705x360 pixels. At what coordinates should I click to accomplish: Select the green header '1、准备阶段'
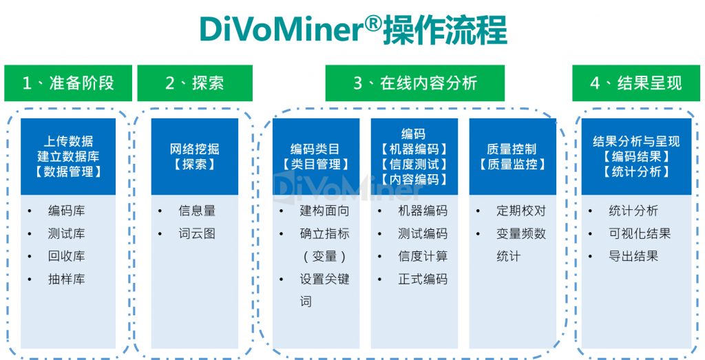pyautogui.click(x=67, y=83)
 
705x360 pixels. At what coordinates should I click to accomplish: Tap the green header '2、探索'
pyautogui.click(x=195, y=83)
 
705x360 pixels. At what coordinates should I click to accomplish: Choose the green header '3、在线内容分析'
pyautogui.click(x=414, y=83)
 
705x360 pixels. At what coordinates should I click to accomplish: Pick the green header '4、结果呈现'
pyautogui.click(x=635, y=83)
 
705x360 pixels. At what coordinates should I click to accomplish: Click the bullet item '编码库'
pyautogui.click(x=66, y=211)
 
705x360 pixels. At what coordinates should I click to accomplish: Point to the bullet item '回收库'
pyautogui.click(x=66, y=256)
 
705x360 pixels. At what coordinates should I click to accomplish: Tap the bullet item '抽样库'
pyautogui.click(x=66, y=279)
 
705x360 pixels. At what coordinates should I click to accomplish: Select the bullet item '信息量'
pyautogui.click(x=197, y=211)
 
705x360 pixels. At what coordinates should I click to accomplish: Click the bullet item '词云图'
pyautogui.click(x=197, y=234)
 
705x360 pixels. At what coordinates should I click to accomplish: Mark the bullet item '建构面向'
pyautogui.click(x=324, y=211)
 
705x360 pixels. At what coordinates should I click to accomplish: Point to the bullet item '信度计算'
pyautogui.click(x=423, y=256)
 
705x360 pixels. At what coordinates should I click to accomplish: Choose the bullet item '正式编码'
pyautogui.click(x=423, y=279)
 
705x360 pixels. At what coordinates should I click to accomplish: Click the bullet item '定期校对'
pyautogui.click(x=521, y=211)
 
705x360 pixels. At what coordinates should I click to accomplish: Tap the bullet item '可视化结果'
pyautogui.click(x=640, y=234)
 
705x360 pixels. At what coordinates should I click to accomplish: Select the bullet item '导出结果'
pyautogui.click(x=633, y=256)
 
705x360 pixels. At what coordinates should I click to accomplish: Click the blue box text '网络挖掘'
pyautogui.click(x=195, y=149)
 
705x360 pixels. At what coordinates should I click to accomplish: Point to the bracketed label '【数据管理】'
pyautogui.click(x=68, y=171)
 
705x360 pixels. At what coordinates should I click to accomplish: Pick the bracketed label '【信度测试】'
pyautogui.click(x=414, y=165)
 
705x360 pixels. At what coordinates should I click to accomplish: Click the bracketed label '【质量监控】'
pyautogui.click(x=512, y=165)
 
